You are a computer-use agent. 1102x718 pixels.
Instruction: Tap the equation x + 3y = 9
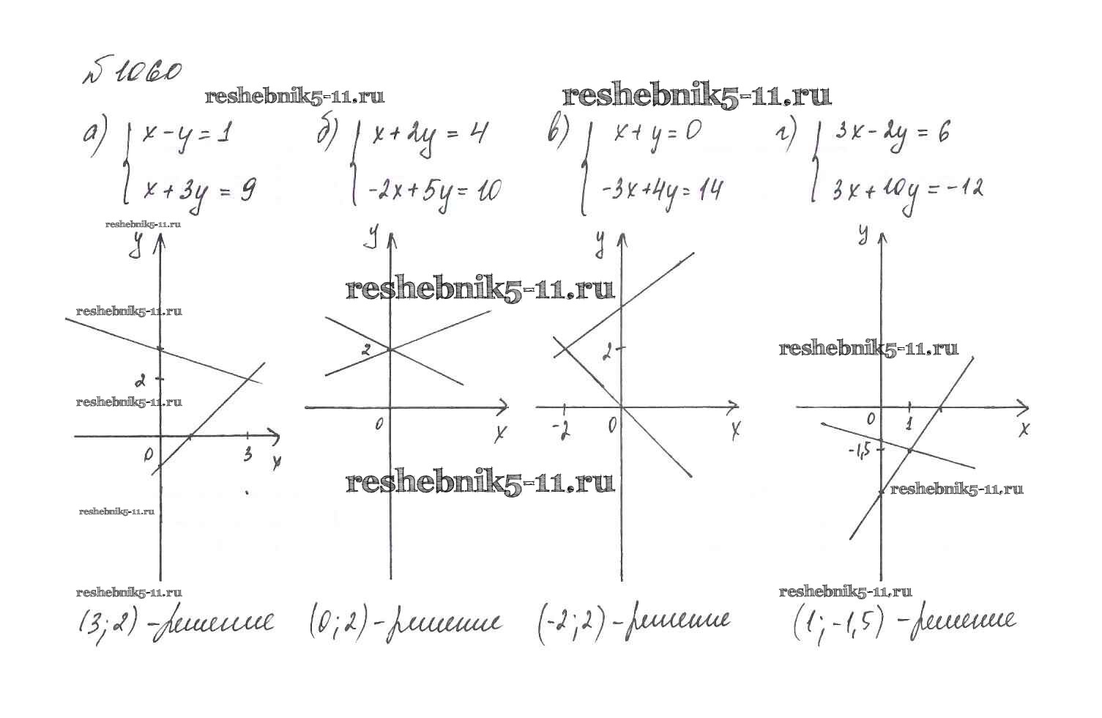click(x=199, y=191)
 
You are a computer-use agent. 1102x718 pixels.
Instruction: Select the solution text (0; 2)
click(x=336, y=624)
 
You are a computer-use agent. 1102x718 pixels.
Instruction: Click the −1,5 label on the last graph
click(x=860, y=450)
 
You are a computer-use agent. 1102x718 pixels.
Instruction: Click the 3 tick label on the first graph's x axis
click(x=247, y=454)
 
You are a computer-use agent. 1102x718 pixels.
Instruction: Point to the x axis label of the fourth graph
click(x=1024, y=429)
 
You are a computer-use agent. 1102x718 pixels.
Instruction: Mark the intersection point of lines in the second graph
click(x=390, y=349)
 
